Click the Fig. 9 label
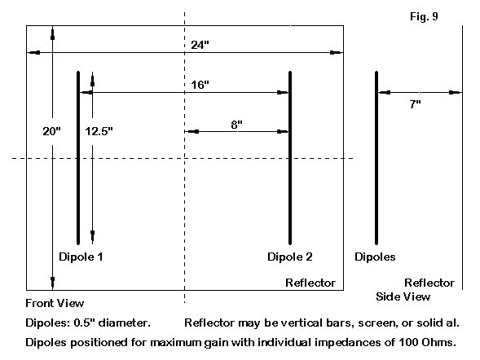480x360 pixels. [x=424, y=16]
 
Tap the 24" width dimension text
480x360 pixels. [x=200, y=45]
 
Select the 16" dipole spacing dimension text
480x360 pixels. [x=200, y=85]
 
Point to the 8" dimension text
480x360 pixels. [x=236, y=125]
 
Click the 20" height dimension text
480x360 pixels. [x=51, y=131]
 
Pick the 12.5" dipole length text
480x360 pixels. [x=99, y=131]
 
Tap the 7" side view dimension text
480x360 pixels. [x=415, y=104]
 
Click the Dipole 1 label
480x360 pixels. [x=81, y=257]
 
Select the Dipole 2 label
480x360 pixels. [x=290, y=257]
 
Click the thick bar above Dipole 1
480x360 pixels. [x=78, y=158]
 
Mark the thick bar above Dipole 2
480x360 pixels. [x=290, y=158]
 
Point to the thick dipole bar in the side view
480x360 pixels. [x=377, y=158]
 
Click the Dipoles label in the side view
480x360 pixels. [x=375, y=257]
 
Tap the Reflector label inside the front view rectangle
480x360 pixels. [x=310, y=283]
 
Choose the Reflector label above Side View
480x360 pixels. [x=429, y=283]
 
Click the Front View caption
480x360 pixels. [x=55, y=303]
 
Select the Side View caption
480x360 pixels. [x=403, y=296]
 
